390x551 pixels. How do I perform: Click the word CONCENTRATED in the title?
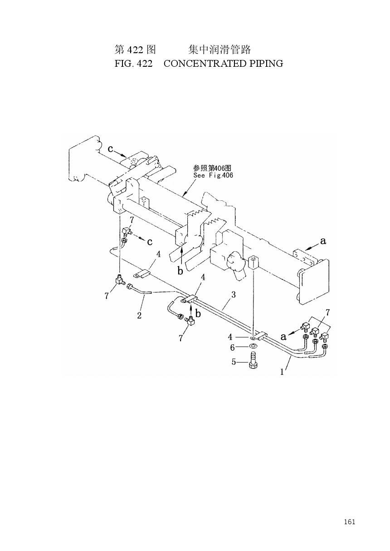[x=205, y=64]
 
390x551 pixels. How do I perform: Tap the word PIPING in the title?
[x=267, y=64]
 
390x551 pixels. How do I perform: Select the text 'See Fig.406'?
[x=213, y=175]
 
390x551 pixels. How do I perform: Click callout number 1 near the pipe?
[x=282, y=372]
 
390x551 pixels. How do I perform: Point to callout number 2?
[x=139, y=316]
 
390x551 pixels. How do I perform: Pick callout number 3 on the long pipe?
[x=233, y=294]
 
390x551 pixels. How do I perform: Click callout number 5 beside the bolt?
[x=234, y=362]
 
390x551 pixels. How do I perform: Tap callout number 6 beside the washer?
[x=232, y=347]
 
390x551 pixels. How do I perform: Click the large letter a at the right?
[x=323, y=241]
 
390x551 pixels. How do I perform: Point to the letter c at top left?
[x=111, y=149]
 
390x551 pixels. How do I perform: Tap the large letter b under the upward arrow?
[x=180, y=271]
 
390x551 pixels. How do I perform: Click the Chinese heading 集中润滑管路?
[x=219, y=50]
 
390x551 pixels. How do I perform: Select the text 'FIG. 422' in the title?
[x=133, y=64]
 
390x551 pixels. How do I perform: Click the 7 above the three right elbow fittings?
[x=327, y=313]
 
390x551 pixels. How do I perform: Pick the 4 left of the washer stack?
[x=230, y=337]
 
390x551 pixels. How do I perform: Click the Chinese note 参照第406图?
[x=212, y=168]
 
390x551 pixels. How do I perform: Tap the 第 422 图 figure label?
[x=135, y=50]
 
